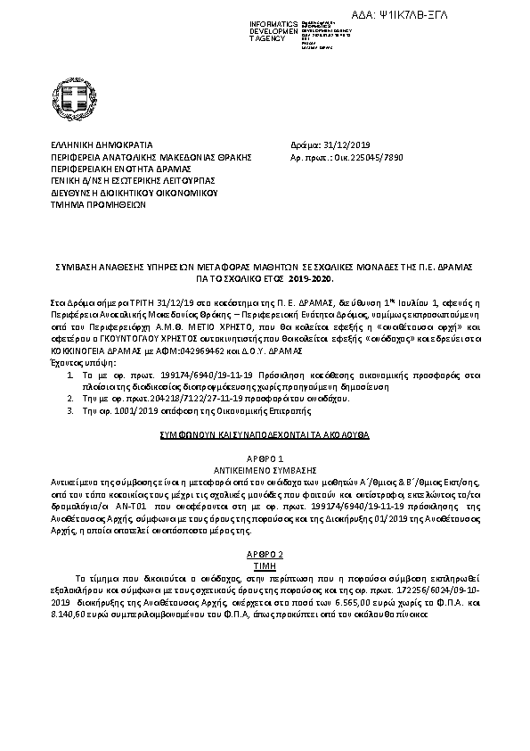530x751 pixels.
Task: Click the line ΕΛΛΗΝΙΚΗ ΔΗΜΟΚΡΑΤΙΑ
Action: point(102,144)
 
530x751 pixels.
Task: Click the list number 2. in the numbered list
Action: point(70,400)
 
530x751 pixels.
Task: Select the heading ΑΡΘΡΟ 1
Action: point(265,458)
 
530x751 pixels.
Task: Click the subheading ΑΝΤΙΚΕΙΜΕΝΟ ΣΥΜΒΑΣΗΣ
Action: point(265,468)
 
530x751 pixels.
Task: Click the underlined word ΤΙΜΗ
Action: point(265,565)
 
